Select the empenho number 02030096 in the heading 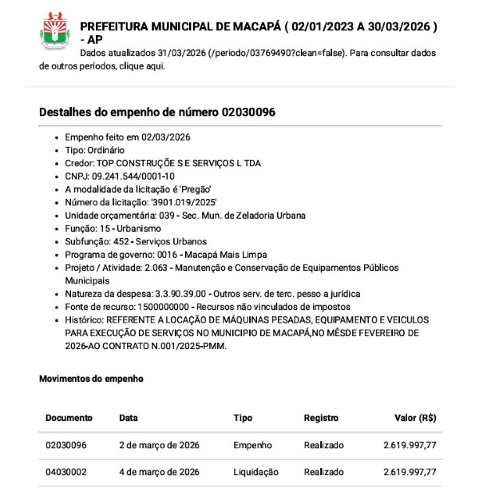[x=249, y=112]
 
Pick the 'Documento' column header [x=69, y=418]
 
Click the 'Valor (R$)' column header [x=415, y=418]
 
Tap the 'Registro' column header [x=321, y=418]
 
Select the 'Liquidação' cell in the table [x=255, y=472]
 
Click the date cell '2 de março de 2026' [x=159, y=445]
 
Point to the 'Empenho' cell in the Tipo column [x=252, y=445]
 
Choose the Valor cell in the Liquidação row [x=410, y=472]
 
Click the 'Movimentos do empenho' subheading [x=91, y=378]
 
